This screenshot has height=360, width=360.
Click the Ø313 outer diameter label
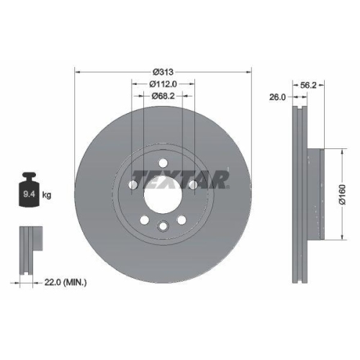[163, 71]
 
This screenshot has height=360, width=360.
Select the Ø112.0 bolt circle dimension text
[163, 84]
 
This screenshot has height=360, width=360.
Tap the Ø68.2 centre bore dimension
[163, 96]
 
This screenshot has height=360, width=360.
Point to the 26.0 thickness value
[277, 96]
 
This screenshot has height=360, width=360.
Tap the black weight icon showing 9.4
[28, 191]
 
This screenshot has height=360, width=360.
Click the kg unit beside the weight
[46, 194]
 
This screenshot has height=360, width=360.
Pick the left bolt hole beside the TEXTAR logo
[133, 186]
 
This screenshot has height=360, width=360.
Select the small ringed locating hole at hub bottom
[163, 228]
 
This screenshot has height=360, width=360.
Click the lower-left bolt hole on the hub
[145, 220]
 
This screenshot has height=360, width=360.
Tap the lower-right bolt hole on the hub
[182, 220]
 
